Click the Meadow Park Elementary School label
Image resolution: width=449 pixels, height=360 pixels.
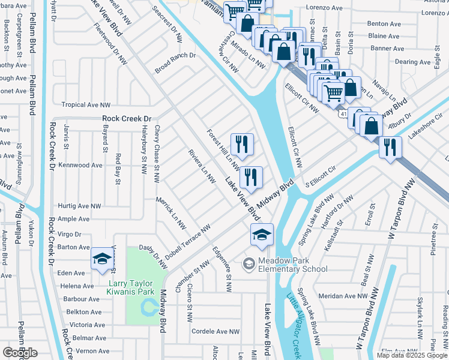click(x=293, y=264)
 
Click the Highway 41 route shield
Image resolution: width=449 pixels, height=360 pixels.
click(x=342, y=113)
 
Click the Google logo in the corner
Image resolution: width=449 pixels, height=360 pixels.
click(x=20, y=352)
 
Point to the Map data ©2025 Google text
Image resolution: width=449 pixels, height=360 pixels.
click(x=412, y=355)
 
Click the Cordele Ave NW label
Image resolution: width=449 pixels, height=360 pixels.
click(x=215, y=331)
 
